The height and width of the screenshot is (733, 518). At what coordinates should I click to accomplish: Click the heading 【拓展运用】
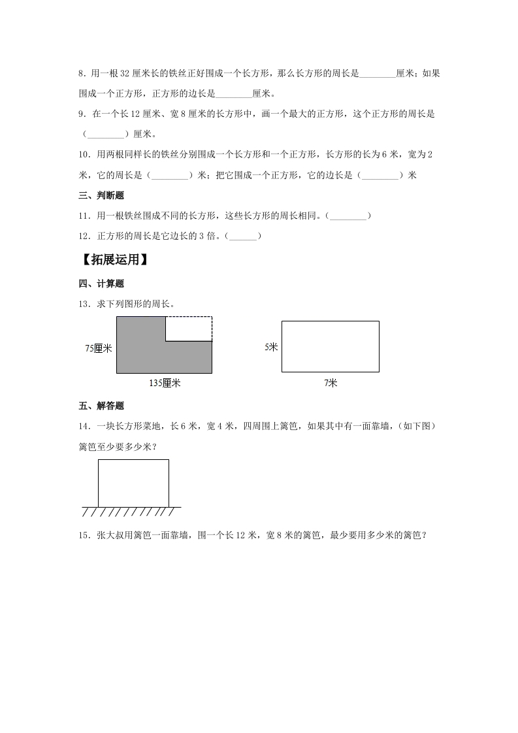[x=112, y=260]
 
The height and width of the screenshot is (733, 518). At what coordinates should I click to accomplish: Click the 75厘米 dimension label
[x=99, y=348]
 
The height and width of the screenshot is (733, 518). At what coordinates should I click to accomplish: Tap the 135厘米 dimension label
[x=165, y=383]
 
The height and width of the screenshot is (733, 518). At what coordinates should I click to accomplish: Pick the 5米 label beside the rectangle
[x=272, y=347]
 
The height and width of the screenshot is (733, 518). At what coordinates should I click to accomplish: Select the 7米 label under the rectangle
[x=331, y=383]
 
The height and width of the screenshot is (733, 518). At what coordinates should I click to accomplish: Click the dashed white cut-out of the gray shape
[x=189, y=329]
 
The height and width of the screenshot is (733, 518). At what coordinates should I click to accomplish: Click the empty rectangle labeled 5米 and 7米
[x=331, y=346]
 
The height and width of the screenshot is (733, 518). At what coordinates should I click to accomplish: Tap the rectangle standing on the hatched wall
[x=133, y=483]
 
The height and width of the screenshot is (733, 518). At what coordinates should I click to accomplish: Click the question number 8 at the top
[x=81, y=74]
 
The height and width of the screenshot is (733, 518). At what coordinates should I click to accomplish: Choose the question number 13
[x=83, y=303]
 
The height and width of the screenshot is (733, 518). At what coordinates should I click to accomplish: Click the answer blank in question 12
[x=243, y=235]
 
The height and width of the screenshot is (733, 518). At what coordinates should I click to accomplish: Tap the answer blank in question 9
[x=105, y=134]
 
